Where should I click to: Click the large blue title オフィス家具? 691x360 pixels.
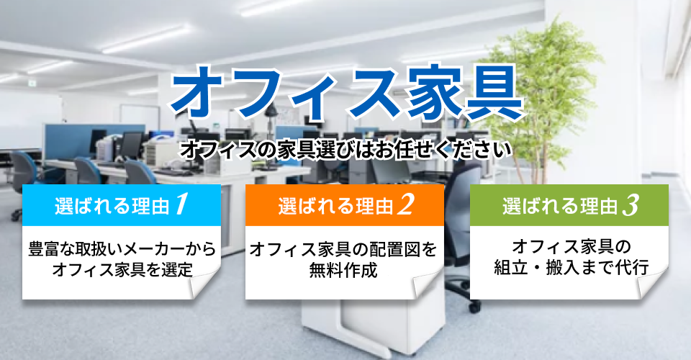(x=347, y=94)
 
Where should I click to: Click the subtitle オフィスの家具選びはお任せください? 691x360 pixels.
(x=346, y=150)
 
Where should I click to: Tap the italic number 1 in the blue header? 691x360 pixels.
(x=181, y=204)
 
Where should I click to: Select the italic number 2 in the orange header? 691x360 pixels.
(x=405, y=204)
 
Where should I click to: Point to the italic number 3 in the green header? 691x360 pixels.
(x=631, y=205)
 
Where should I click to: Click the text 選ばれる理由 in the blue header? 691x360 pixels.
(x=112, y=206)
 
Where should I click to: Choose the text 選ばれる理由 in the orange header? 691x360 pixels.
(x=336, y=206)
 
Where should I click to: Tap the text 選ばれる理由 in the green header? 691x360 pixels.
(x=560, y=206)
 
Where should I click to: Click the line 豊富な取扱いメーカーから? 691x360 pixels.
(x=122, y=249)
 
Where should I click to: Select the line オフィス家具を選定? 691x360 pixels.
(x=122, y=269)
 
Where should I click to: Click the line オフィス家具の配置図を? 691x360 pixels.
(x=343, y=249)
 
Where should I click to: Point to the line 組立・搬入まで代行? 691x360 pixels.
(x=571, y=267)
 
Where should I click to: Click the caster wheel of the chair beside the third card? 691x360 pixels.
(x=474, y=307)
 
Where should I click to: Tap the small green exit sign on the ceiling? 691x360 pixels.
(x=32, y=83)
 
